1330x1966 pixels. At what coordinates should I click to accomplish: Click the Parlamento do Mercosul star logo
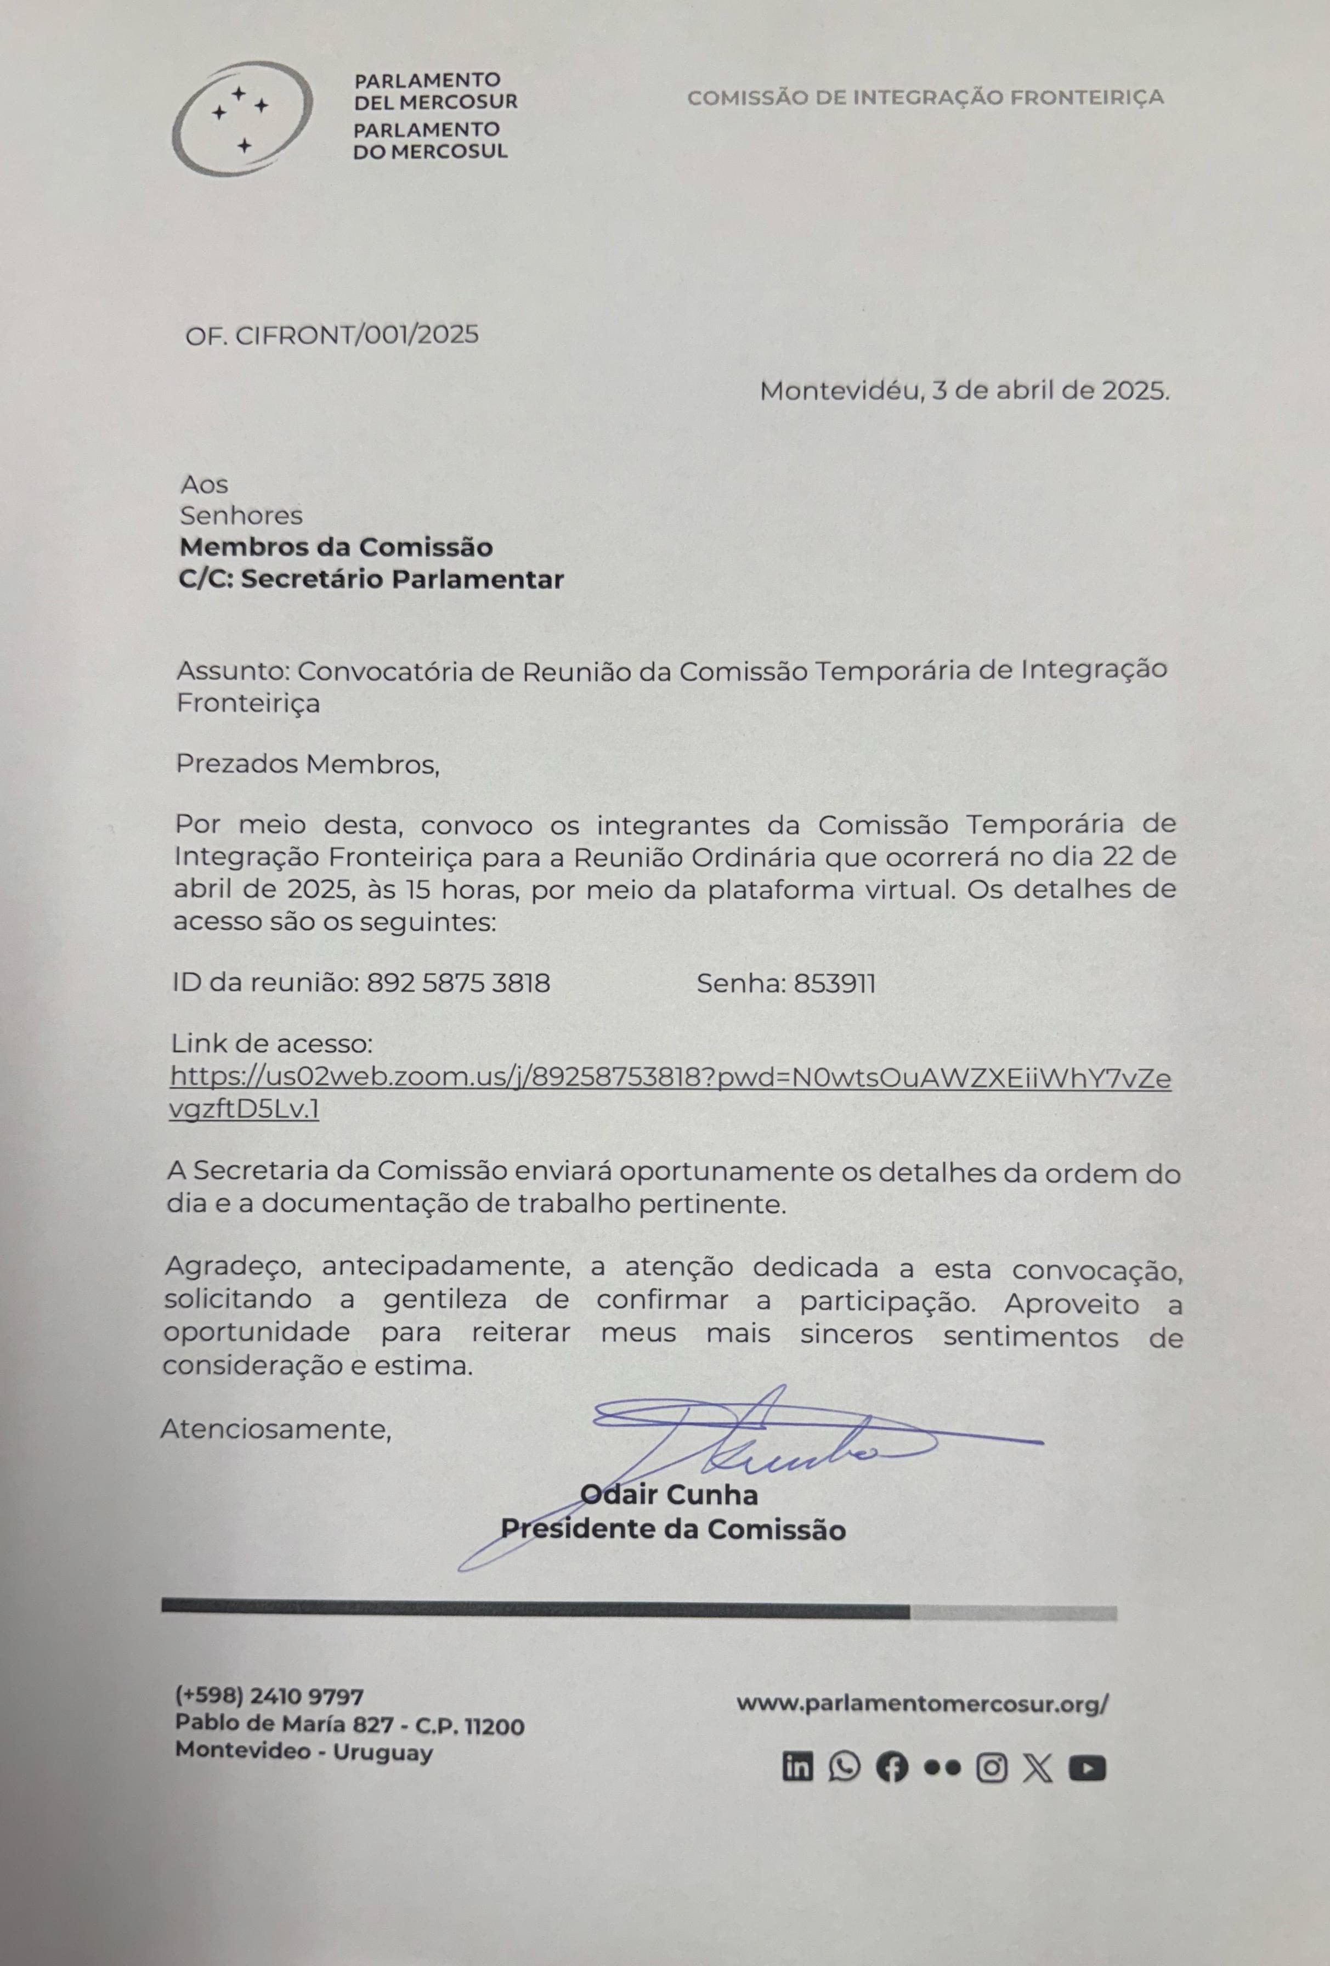[x=241, y=118]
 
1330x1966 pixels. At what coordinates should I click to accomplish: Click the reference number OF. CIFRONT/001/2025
[x=332, y=335]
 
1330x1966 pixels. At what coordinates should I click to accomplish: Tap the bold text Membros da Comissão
[x=336, y=547]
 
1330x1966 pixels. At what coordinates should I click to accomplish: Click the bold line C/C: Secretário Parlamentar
[x=371, y=579]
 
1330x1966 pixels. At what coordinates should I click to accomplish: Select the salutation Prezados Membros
[x=307, y=764]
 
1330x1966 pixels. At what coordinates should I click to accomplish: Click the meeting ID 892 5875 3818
[x=458, y=983]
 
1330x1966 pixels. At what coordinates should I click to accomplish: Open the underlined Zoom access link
[x=670, y=1078]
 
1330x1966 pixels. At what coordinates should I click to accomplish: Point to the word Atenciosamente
[x=276, y=1429]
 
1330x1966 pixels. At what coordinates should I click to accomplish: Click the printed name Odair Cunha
[x=669, y=1495]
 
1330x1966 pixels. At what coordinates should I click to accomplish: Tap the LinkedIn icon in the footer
[x=797, y=1768]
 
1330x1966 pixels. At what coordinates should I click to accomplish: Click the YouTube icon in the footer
[x=1086, y=1768]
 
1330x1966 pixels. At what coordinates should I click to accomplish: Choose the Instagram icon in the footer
[x=991, y=1768]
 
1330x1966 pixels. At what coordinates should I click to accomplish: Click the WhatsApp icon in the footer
[x=844, y=1767]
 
